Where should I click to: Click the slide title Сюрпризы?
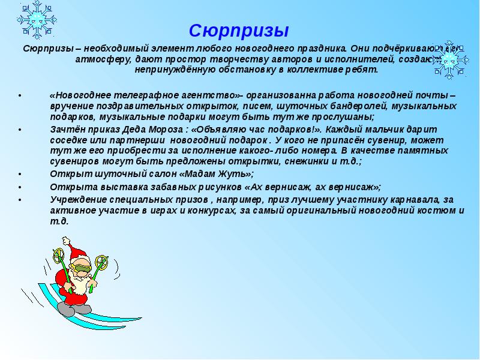[x=239, y=30]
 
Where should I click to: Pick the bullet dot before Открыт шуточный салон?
[x=20, y=174]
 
